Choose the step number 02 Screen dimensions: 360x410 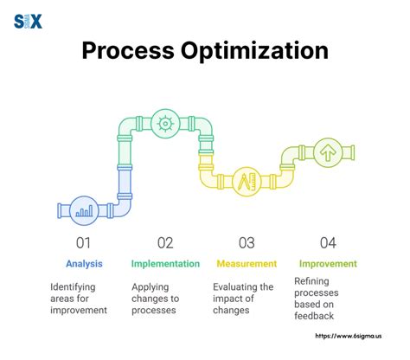click(165, 242)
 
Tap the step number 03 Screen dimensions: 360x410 click(246, 242)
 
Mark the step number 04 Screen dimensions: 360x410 click(327, 242)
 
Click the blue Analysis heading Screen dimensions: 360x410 click(85, 263)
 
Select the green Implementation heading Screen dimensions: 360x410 click(166, 263)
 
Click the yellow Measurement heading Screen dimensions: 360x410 click(246, 263)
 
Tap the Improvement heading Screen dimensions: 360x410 click(328, 263)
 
